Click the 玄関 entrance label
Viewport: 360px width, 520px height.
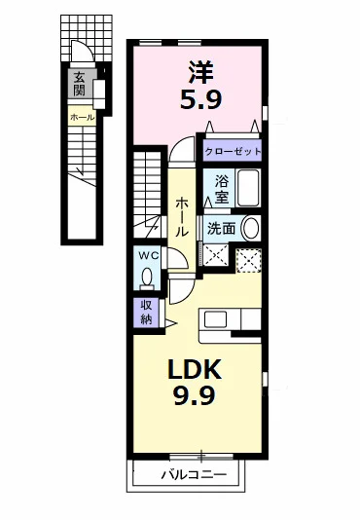click(x=80, y=84)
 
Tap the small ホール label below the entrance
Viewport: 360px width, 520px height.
click(x=83, y=117)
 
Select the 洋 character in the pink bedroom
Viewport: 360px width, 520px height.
click(x=200, y=72)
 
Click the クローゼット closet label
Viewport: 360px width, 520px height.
click(x=233, y=152)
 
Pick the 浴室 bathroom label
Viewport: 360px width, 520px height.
click(x=222, y=189)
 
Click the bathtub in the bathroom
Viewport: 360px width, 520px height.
click(x=248, y=188)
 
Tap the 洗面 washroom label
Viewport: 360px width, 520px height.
click(x=222, y=228)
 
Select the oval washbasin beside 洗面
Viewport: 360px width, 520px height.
click(x=251, y=229)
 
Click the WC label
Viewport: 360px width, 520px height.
click(x=149, y=256)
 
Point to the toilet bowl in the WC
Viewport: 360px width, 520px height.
click(x=147, y=277)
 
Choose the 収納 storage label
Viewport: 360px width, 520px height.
click(x=146, y=312)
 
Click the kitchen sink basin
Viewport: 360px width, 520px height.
click(x=215, y=319)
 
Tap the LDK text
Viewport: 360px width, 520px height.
click(x=195, y=369)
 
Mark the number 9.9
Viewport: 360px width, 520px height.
click(x=195, y=395)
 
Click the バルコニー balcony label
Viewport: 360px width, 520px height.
click(x=194, y=475)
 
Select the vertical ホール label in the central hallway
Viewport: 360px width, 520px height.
click(x=182, y=217)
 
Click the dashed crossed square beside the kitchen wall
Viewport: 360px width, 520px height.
click(x=249, y=260)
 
